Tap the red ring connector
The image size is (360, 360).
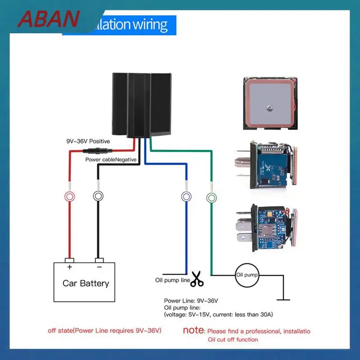click(70, 196)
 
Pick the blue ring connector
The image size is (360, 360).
click(185, 196)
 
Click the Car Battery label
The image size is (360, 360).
click(85, 283)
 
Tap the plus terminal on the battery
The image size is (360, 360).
click(69, 261)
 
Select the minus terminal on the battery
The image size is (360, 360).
click(99, 261)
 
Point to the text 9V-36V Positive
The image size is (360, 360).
click(88, 141)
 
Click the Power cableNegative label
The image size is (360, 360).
click(111, 159)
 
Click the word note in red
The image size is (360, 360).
click(194, 330)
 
